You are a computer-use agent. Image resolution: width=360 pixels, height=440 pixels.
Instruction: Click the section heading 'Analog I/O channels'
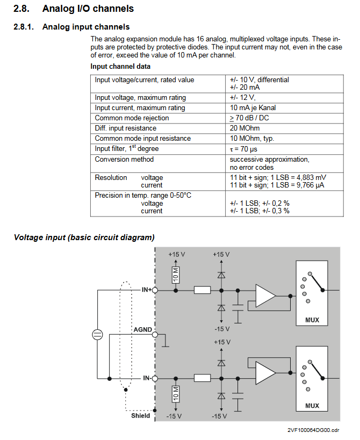[x=88, y=9]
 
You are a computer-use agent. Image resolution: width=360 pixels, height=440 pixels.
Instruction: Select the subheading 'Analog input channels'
[x=85, y=27]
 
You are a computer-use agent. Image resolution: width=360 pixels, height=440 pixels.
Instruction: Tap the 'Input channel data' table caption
[x=120, y=67]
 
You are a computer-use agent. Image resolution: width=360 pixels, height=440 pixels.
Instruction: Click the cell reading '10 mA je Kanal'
[x=253, y=108]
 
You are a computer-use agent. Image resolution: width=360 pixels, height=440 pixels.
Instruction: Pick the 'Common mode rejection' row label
[x=132, y=118]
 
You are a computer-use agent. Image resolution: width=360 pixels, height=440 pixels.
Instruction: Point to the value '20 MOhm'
[x=244, y=128]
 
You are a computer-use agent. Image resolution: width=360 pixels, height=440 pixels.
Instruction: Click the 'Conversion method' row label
[x=124, y=160]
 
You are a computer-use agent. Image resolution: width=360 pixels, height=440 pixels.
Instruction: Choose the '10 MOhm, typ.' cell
[x=251, y=139]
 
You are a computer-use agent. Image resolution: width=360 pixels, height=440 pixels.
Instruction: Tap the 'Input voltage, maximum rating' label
[x=140, y=98]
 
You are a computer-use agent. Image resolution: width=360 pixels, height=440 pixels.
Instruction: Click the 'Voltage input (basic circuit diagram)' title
[x=84, y=237]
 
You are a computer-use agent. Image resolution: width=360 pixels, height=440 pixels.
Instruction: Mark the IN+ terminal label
[x=146, y=290]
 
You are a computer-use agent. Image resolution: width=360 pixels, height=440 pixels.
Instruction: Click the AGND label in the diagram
[x=142, y=329]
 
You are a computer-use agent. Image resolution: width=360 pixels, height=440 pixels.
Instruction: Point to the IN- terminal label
[x=147, y=378]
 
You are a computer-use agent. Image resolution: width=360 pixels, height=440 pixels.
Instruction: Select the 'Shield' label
[x=141, y=416]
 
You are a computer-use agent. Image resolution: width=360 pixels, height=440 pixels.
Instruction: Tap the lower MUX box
[x=312, y=379]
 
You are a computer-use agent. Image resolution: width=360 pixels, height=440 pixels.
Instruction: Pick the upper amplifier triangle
[x=265, y=296]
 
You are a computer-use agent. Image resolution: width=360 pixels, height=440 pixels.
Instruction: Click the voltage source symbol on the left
[x=97, y=335]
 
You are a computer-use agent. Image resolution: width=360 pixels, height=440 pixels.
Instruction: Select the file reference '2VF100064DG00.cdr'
[x=313, y=430]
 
